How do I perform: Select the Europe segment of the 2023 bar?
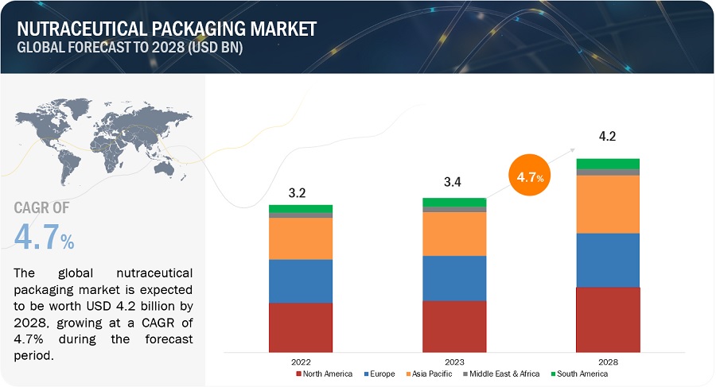pos(454,277)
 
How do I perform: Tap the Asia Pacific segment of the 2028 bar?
pos(608,203)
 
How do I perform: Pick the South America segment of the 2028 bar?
pos(608,164)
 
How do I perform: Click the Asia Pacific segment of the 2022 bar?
pos(301,238)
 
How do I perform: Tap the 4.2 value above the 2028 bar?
pos(608,136)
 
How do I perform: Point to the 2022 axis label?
pos(301,360)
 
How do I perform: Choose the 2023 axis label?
pos(454,360)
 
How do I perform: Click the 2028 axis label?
pos(608,360)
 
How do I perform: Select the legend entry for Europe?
pos(382,373)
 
